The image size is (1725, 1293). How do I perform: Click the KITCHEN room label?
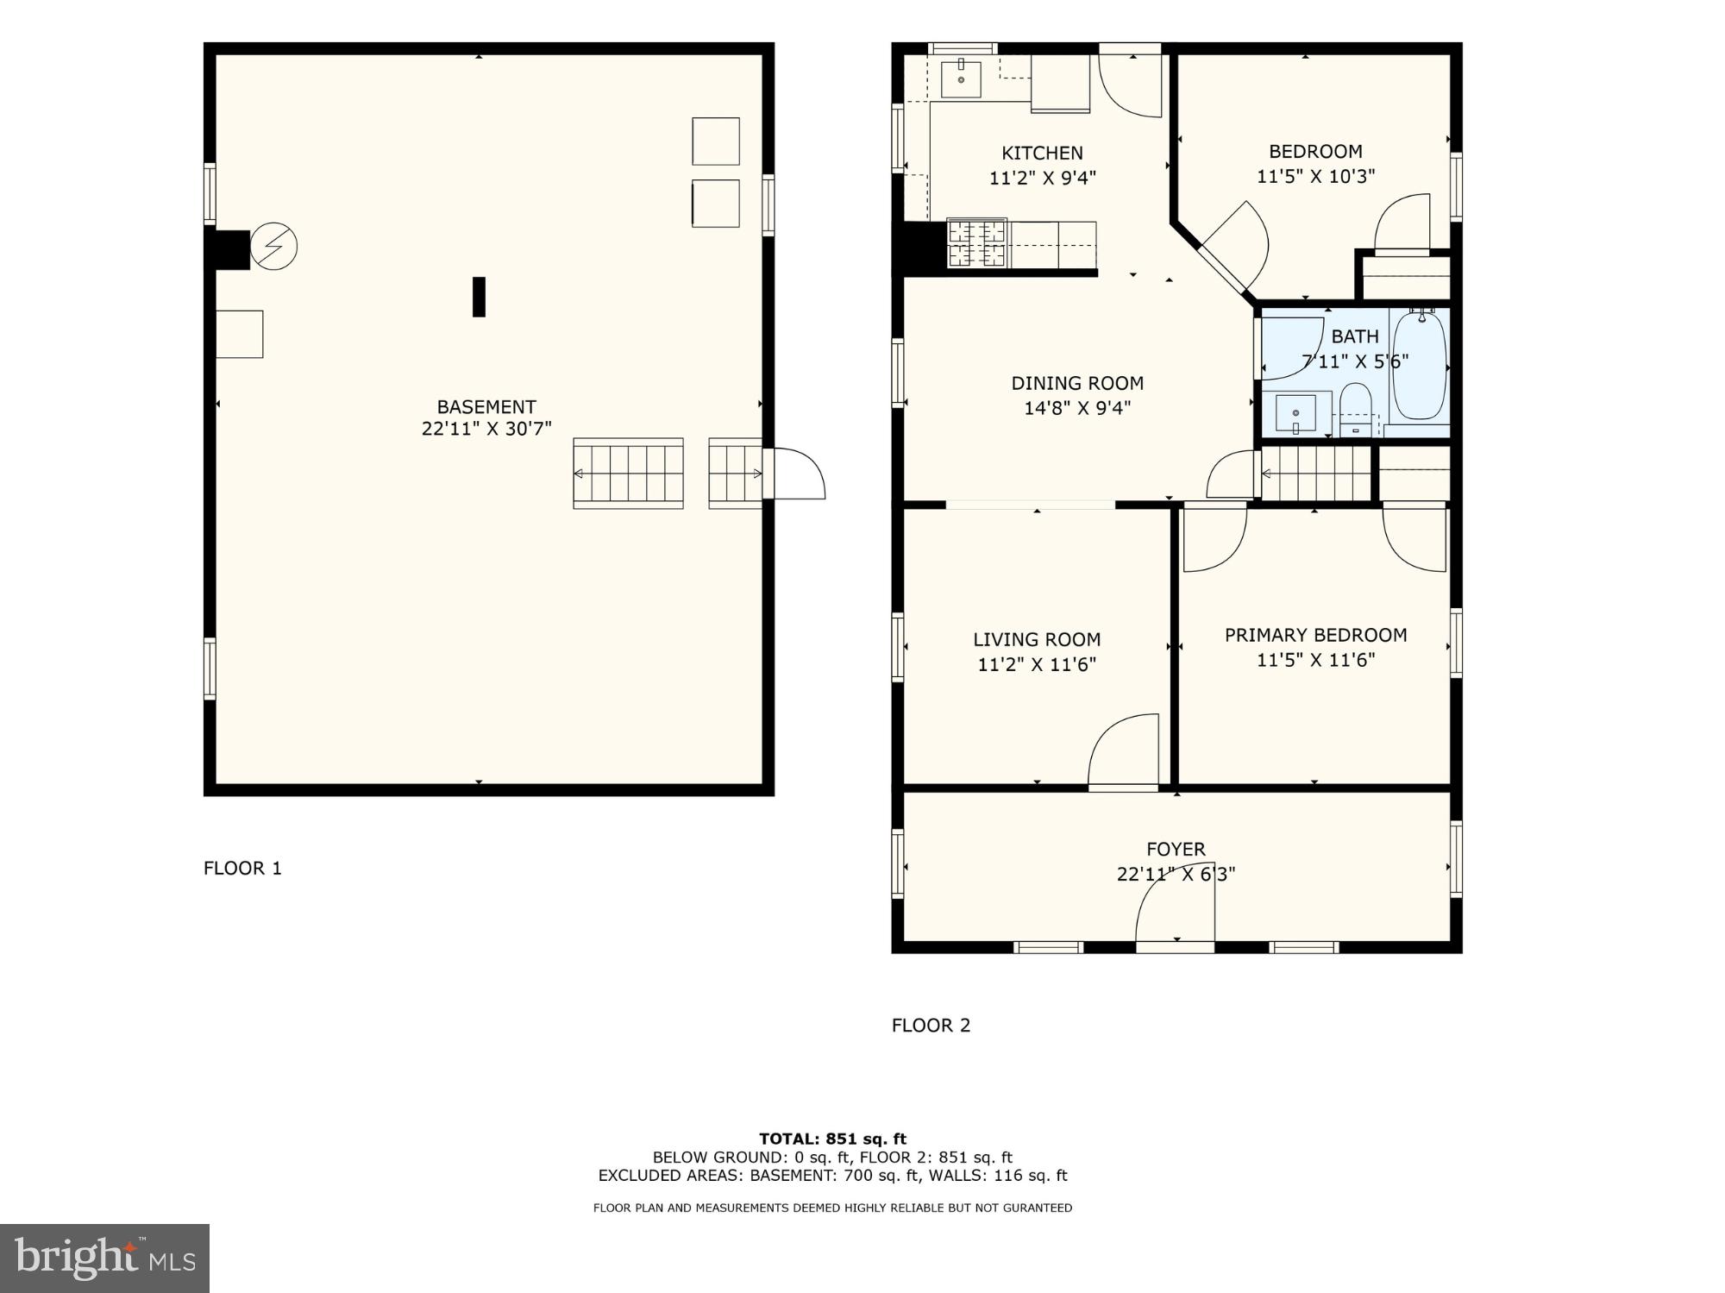pos(1042,154)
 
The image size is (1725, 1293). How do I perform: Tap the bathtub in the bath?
pos(1420,367)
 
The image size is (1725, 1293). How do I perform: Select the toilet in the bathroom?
pos(1356,409)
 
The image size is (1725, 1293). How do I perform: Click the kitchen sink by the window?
pos(960,79)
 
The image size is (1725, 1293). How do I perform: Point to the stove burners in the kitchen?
pos(977,243)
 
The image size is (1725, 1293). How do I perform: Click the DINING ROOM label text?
pos(1077,384)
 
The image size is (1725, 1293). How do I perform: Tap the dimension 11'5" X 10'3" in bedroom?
pos(1315,177)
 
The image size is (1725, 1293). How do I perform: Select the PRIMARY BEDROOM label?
pos(1315,636)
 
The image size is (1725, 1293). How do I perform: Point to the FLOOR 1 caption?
pos(242,869)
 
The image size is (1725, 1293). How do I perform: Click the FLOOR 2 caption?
pos(931,1026)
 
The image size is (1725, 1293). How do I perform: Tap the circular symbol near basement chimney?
pos(274,247)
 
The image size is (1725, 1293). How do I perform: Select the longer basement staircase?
pos(628,474)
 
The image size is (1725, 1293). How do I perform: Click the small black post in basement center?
pos(479,297)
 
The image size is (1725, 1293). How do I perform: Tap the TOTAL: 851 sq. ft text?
pos(832,1139)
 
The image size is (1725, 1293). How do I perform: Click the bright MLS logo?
pos(104,1258)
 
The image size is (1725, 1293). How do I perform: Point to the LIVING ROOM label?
pos(1037,640)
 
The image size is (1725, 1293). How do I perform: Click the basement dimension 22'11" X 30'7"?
pos(486,429)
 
